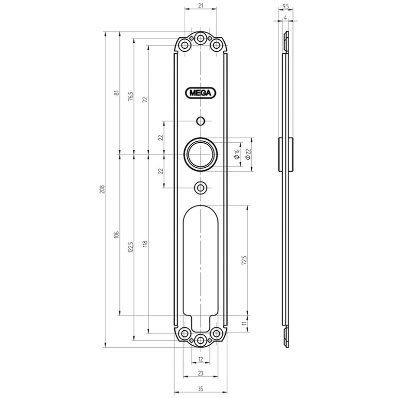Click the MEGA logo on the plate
tap(200, 93)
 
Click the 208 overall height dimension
tap(102, 190)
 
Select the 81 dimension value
tap(117, 93)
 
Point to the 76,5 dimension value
tap(131, 97)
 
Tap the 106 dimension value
tap(117, 235)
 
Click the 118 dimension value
tap(145, 244)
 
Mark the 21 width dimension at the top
tap(200, 5)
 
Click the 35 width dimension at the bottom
tap(200, 389)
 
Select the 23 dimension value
tap(200, 373)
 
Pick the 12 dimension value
tap(200, 359)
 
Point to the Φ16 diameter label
tap(237, 154)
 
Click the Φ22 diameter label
tap(248, 154)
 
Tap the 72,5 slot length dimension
tap(244, 260)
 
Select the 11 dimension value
tap(244, 324)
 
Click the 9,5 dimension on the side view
tap(286, 6)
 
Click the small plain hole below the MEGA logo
tap(200, 121)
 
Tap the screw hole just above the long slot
tap(200, 188)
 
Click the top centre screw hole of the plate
tap(200, 39)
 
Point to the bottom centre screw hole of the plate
tap(200, 341)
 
